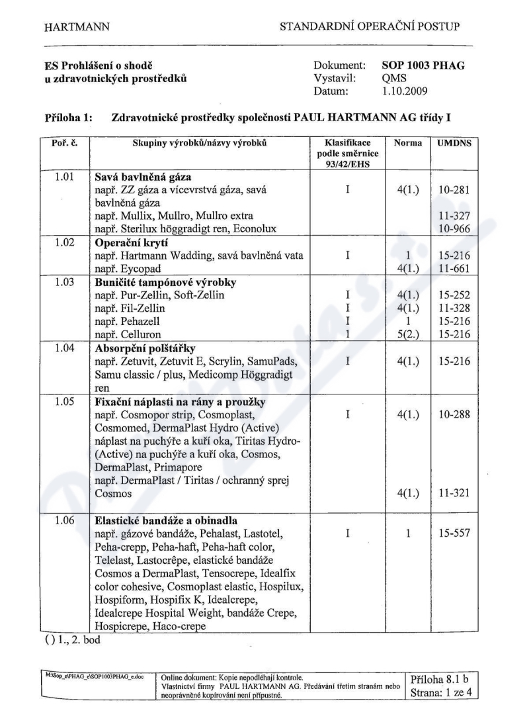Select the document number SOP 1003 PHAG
(x=423, y=66)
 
